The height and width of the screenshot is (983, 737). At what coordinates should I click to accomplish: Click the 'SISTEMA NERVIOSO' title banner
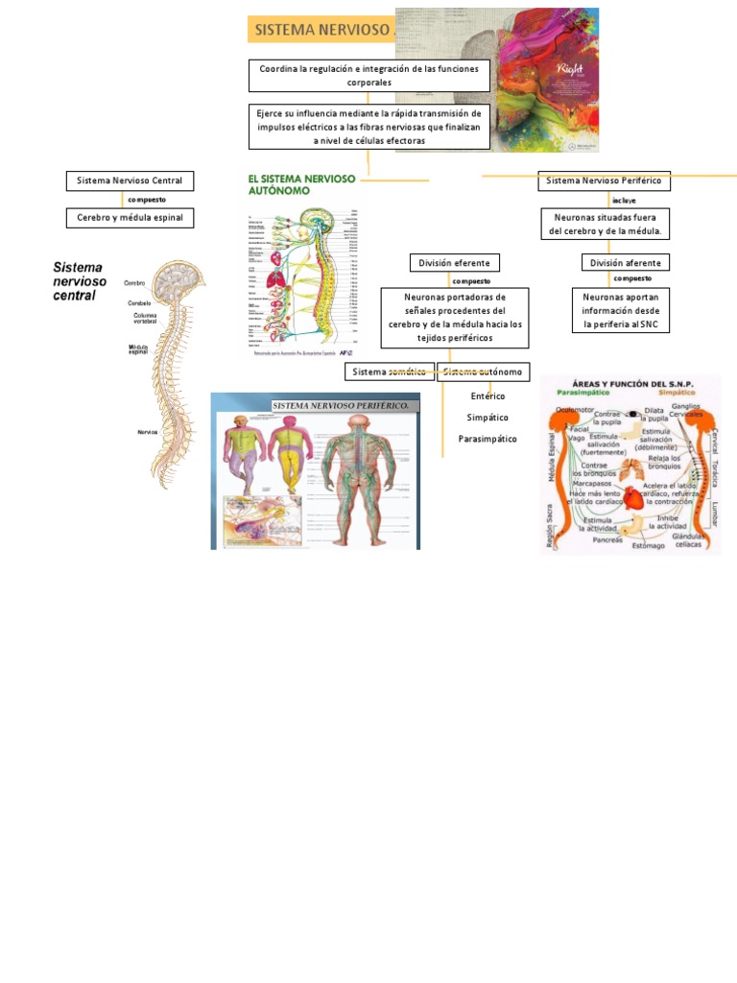pos(321,30)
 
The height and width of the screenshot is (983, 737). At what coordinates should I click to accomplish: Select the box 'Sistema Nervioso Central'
pos(130,180)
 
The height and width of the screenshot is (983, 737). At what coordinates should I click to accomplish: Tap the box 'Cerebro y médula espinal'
pos(130,218)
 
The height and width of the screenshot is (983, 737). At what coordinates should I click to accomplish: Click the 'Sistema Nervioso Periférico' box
pos(604,180)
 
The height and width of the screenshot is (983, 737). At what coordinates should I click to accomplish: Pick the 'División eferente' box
pos(454,263)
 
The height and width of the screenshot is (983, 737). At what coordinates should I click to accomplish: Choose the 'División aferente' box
pos(625,263)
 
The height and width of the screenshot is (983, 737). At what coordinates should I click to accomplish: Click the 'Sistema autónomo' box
pos(483,372)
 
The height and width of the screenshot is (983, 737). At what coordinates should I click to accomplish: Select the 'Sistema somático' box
pos(390,372)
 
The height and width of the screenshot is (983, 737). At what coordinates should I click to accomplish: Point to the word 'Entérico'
pos(487,396)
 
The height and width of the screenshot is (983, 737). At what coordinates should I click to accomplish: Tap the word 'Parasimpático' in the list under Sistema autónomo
pos(487,439)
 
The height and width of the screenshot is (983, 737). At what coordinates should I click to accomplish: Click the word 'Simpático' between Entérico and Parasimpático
pos(487,418)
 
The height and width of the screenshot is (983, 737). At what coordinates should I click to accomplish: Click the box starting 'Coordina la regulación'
pos(369,76)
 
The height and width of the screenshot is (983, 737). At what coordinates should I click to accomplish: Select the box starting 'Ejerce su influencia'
pos(369,127)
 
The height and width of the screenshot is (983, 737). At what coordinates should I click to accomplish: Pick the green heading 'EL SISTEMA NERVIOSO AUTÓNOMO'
pos(301,184)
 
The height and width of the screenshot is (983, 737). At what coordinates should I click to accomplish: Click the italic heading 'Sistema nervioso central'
pos(80,281)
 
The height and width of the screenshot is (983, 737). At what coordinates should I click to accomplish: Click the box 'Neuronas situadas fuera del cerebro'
pos(606,225)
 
